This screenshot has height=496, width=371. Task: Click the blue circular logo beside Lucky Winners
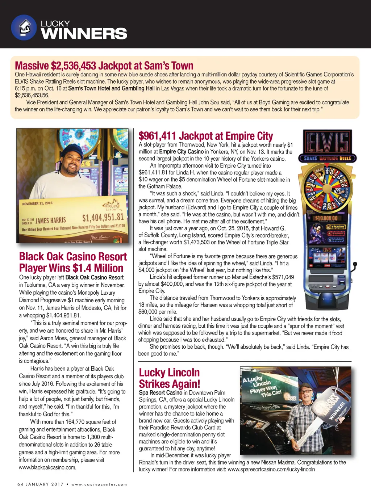pos(24,28)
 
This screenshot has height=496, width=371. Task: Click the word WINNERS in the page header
pos(84,34)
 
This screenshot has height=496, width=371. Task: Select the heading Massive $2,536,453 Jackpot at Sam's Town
pos(104,66)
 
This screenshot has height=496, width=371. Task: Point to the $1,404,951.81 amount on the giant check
pos(103,218)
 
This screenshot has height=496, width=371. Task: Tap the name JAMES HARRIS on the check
pos(51,220)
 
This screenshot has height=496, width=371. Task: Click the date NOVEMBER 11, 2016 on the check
pos(37,203)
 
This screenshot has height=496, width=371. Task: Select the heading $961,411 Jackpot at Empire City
pos(205,136)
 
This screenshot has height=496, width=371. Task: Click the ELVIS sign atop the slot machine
pos(328,142)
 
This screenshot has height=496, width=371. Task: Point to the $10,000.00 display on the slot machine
pos(326,218)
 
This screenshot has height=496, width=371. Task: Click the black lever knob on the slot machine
pos(355,264)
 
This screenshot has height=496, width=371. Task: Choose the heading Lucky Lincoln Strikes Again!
pos(169,378)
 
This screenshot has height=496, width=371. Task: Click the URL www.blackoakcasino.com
pos(47,467)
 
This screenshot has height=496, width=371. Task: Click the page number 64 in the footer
pos(20,484)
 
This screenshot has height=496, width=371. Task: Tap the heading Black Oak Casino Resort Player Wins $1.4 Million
pos(73,262)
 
